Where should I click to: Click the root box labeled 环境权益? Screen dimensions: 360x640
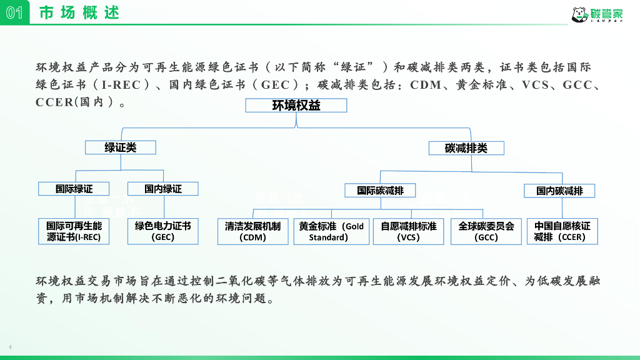click(296, 106)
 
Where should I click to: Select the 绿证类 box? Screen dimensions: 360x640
click(121, 147)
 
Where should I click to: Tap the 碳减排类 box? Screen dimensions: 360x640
click(466, 148)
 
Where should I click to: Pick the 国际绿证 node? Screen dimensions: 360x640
click(74, 188)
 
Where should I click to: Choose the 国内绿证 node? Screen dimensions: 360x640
click(162, 188)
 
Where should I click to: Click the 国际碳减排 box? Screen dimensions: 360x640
click(380, 190)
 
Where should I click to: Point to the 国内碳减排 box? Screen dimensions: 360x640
click(559, 191)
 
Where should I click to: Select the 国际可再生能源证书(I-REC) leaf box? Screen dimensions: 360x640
click(74, 231)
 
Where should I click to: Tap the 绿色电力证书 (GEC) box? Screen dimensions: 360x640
click(162, 231)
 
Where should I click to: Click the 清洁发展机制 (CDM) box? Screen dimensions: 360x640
click(252, 231)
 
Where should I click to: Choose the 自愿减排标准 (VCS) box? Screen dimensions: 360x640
click(408, 231)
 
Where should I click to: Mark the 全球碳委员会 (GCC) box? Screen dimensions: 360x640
click(486, 231)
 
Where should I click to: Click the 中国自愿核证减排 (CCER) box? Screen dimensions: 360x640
click(562, 231)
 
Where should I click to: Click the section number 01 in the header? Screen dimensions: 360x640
click(14, 12)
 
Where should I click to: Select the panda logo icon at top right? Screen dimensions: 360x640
click(579, 14)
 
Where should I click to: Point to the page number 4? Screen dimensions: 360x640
click(10, 347)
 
